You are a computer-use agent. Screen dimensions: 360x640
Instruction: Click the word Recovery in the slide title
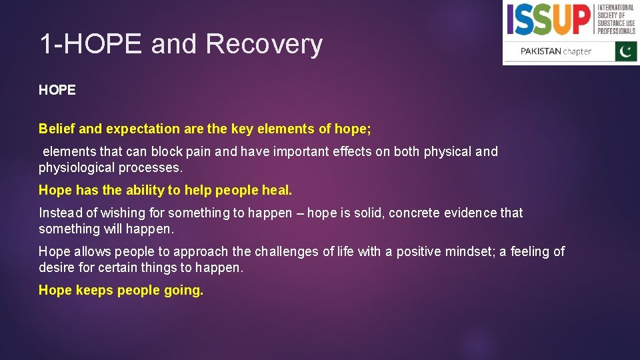tap(264, 45)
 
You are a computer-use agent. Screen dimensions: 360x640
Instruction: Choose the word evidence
tap(472, 213)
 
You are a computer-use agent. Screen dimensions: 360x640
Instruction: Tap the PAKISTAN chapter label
tap(555, 51)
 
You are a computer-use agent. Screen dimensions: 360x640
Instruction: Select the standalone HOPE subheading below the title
tap(57, 90)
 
